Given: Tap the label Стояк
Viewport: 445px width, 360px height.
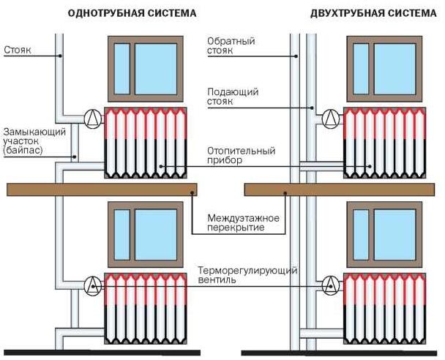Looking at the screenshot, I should click(x=17, y=52).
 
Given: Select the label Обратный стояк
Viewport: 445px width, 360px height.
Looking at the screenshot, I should click(x=231, y=47).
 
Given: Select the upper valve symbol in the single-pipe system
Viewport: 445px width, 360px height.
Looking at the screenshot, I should click(x=93, y=116).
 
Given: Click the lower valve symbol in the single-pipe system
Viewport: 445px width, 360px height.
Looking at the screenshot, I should click(x=93, y=284).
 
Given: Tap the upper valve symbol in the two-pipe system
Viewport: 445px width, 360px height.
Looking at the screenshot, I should click(x=331, y=116).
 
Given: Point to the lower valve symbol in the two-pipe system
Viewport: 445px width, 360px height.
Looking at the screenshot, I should click(x=331, y=284).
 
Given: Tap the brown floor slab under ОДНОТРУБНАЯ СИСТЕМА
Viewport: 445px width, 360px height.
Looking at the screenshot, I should click(x=102, y=190).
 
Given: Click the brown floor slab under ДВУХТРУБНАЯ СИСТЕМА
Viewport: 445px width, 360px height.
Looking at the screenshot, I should click(x=340, y=190).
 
